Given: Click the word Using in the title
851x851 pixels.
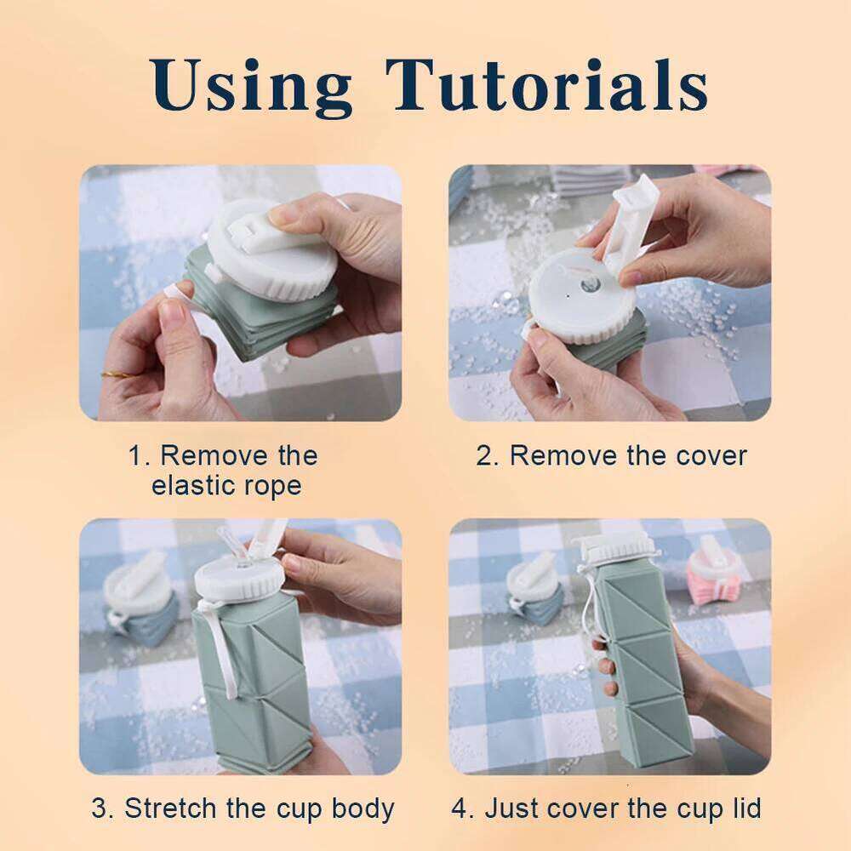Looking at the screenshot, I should [x=254, y=86].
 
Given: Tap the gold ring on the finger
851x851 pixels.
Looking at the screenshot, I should [x=112, y=372].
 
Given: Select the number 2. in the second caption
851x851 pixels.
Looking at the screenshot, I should [x=488, y=455].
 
